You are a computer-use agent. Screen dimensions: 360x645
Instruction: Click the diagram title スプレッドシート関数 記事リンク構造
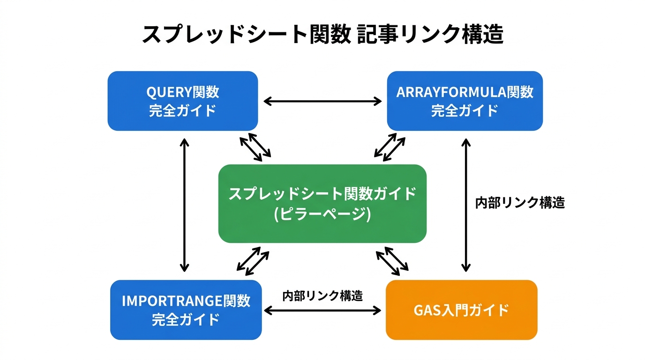point(322,35)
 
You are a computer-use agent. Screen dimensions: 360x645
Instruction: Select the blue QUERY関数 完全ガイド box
point(183,101)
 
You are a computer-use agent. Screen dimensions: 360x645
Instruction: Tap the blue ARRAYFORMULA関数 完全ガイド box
point(465,101)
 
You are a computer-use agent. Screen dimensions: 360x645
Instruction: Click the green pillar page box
point(322,203)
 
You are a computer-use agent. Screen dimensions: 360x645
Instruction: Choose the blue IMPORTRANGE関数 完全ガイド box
point(186,310)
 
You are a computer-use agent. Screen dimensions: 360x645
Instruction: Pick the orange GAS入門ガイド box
point(461,310)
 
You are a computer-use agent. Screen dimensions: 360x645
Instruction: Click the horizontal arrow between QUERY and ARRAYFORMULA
point(322,101)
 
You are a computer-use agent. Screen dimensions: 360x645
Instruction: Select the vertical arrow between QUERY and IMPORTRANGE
point(185,205)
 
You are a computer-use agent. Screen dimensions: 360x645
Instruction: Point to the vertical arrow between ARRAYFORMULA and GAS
point(465,205)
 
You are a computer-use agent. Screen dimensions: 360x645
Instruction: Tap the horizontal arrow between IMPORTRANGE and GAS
point(322,310)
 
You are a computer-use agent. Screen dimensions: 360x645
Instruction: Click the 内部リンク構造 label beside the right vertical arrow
point(520,203)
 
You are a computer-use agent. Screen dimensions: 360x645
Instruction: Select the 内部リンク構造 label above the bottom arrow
point(322,296)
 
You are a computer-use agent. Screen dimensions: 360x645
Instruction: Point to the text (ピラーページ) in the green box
point(322,214)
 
